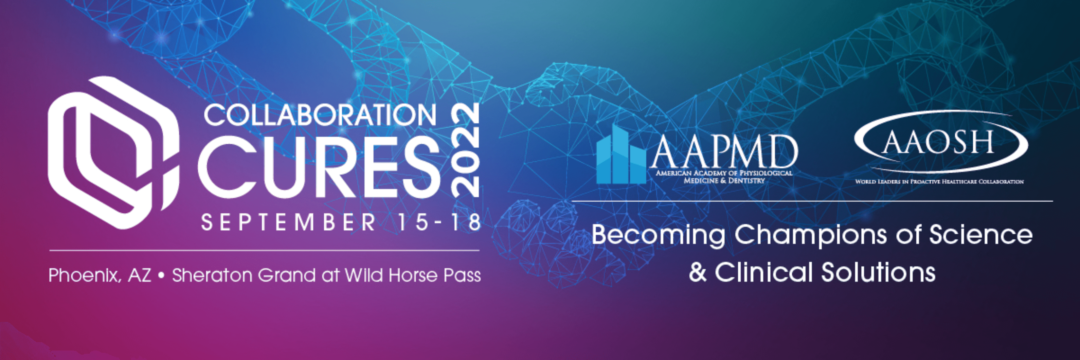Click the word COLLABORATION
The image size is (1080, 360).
click(x=320, y=115)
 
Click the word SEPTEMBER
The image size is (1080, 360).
click(x=288, y=222)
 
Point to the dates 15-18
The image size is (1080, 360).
click(x=439, y=222)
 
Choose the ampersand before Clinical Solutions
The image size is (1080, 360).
click(x=698, y=272)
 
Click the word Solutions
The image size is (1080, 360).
click(x=878, y=272)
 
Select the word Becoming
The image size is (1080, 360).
click(x=658, y=236)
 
